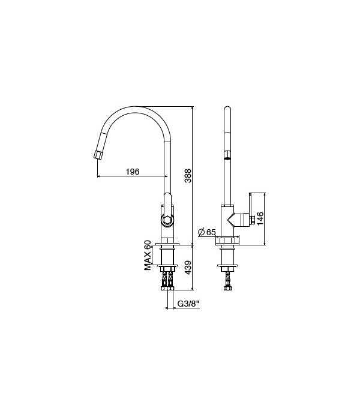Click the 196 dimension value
[x=132, y=172]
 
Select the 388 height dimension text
[x=187, y=175]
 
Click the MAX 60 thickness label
[x=147, y=256]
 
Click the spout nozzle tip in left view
[x=98, y=155]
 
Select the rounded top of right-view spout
[x=227, y=110]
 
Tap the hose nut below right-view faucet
[x=227, y=288]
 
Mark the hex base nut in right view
[x=227, y=241]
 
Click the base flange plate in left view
[x=167, y=244]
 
